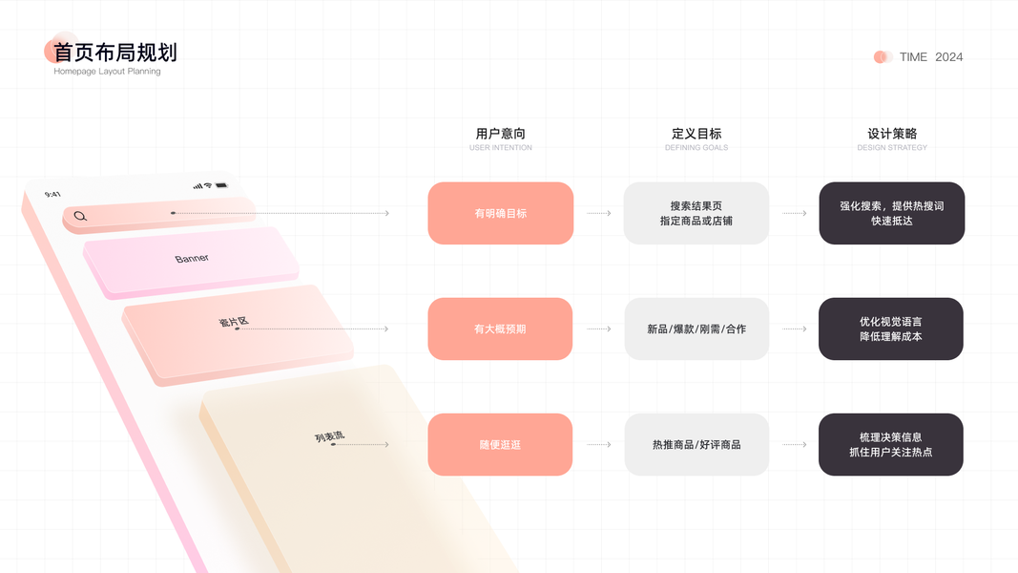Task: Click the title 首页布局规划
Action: (x=115, y=52)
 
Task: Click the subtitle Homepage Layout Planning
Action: (x=107, y=72)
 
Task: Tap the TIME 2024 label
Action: (x=930, y=57)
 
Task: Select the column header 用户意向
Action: (x=500, y=134)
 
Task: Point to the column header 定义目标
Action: (x=696, y=134)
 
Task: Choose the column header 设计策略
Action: (x=892, y=134)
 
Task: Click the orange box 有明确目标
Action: (x=500, y=213)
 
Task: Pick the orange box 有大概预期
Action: (x=500, y=329)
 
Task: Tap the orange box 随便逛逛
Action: (x=500, y=444)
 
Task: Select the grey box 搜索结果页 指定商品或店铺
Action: (x=696, y=213)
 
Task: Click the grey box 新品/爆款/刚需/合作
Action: (x=696, y=329)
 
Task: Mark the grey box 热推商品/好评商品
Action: (x=696, y=444)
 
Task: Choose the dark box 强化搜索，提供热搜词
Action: (x=892, y=213)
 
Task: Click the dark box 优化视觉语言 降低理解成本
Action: (x=891, y=329)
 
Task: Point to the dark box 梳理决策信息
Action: (x=891, y=444)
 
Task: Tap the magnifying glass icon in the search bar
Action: (x=80, y=216)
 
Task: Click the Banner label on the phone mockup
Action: (x=192, y=259)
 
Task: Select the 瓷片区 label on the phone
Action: (x=234, y=322)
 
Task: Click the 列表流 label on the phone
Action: (x=329, y=437)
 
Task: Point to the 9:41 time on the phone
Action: (x=52, y=194)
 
